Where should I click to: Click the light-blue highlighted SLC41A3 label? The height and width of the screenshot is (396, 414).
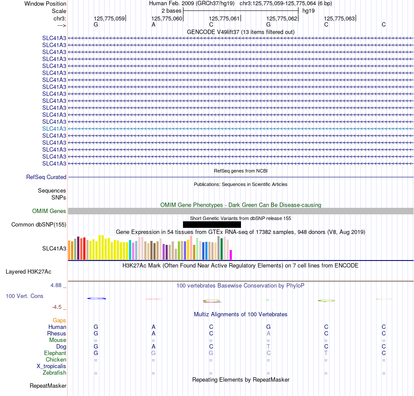click(x=54, y=129)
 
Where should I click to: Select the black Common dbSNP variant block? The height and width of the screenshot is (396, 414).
click(x=212, y=224)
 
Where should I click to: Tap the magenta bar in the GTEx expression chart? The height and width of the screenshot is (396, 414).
click(x=231, y=255)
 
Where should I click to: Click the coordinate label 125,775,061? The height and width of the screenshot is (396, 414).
click(x=224, y=18)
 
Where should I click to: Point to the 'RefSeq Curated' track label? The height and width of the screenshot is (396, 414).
click(x=46, y=177)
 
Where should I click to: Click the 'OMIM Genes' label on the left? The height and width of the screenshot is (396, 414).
click(x=49, y=211)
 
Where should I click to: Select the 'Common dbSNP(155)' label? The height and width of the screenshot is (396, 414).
click(x=39, y=224)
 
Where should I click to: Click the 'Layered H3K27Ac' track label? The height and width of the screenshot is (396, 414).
click(x=28, y=272)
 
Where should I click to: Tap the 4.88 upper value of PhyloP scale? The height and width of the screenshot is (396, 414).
click(x=56, y=285)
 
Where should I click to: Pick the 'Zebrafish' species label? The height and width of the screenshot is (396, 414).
click(x=54, y=372)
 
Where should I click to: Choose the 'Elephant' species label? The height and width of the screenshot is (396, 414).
click(x=55, y=353)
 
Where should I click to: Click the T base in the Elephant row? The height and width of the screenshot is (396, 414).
click(x=326, y=353)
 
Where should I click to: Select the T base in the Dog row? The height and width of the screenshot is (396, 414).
click(x=268, y=346)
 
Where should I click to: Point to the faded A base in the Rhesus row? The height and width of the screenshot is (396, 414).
click(x=268, y=333)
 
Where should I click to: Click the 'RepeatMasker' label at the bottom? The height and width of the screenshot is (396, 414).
click(x=48, y=386)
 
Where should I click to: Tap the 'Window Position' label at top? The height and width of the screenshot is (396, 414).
click(x=45, y=3)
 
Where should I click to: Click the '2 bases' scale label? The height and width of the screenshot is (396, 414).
click(x=172, y=11)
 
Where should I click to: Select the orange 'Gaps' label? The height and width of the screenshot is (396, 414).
click(x=59, y=320)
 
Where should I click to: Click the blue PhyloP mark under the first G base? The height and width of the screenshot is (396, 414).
click(x=96, y=298)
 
